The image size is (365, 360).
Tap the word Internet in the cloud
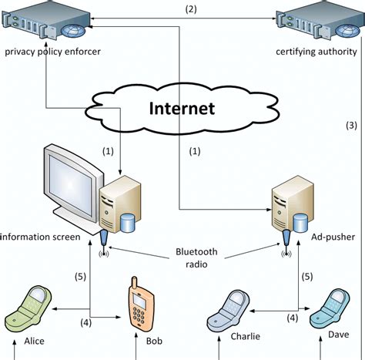(182, 109)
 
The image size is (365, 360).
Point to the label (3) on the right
(350, 126)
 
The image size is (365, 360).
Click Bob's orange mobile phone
(139, 303)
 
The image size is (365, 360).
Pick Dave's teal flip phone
(328, 308)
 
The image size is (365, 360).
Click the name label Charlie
(243, 336)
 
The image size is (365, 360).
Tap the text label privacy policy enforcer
(52, 52)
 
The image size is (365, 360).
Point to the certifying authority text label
(316, 52)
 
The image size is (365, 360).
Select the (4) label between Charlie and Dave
(293, 317)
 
